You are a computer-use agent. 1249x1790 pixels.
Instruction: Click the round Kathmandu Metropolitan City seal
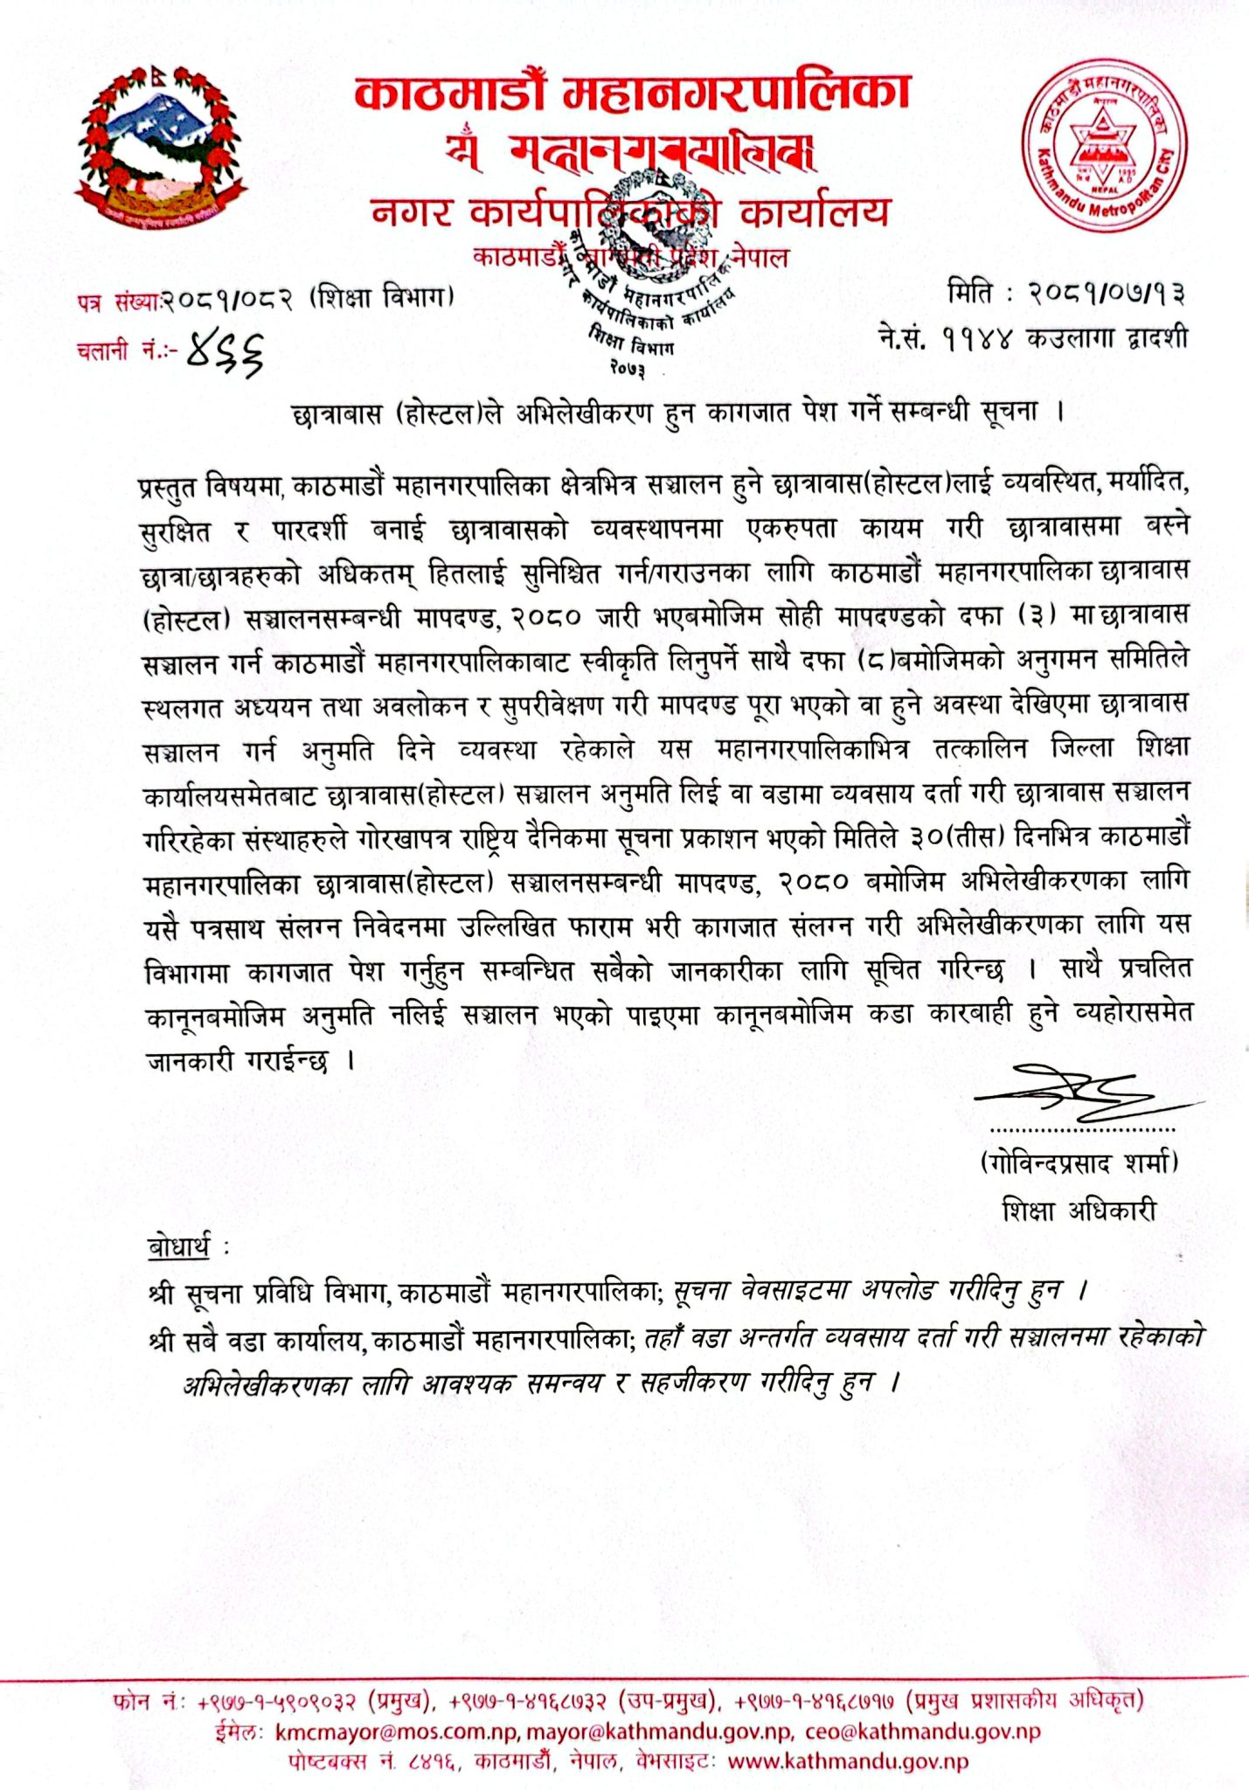coord(1104,150)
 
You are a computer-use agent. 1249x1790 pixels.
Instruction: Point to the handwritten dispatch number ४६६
coord(226,354)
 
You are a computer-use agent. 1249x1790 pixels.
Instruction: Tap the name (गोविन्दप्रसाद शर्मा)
coord(1079,1163)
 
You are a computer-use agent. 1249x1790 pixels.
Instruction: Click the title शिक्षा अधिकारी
coord(1079,1211)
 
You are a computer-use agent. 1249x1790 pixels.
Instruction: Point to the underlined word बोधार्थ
coord(179,1248)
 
